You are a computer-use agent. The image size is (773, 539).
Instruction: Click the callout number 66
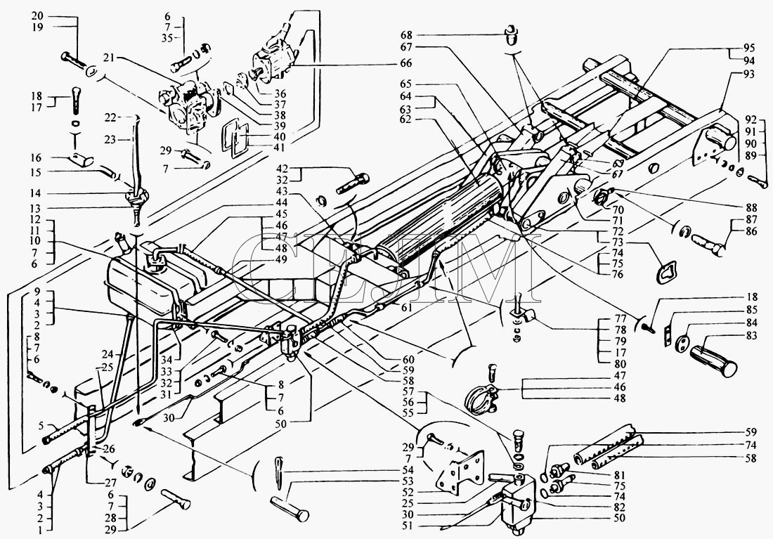(406, 63)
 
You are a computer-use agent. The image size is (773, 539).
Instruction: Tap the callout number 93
(749, 74)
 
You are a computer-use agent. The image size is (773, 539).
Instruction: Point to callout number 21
(109, 58)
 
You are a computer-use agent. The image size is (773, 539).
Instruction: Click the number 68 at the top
(407, 35)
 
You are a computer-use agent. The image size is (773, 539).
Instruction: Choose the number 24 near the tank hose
(108, 354)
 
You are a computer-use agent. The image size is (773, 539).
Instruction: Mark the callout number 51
(408, 526)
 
